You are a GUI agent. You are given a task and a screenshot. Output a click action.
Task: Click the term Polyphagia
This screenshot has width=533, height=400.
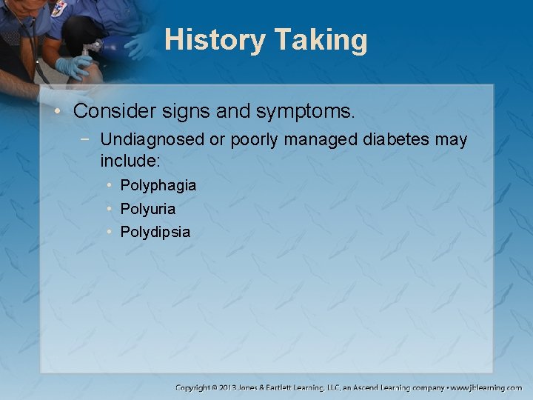point(158,185)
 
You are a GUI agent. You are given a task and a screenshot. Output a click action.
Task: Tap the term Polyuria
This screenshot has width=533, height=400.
point(147,209)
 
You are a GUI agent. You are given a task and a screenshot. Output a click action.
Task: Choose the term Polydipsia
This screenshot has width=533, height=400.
point(155,232)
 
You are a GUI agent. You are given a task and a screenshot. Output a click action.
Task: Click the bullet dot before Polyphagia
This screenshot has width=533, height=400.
point(109,185)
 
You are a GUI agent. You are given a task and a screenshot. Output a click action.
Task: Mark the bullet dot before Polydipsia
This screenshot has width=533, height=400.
point(109,232)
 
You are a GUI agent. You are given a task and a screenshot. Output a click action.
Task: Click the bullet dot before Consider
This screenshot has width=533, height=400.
point(61,112)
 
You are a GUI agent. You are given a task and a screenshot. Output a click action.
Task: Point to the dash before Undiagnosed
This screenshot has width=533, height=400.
point(88,140)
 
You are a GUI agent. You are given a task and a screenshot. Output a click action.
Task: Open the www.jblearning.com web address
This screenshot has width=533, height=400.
point(486,387)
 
